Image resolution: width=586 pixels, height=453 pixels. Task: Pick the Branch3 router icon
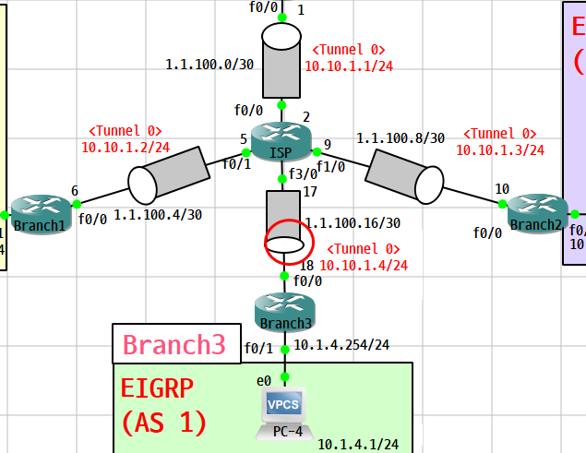tap(285, 308)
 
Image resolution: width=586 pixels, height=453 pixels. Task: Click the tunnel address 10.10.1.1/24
tap(343, 66)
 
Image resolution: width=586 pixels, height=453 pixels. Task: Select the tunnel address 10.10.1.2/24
tap(126, 147)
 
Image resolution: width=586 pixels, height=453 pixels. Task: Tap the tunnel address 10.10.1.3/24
tap(500, 149)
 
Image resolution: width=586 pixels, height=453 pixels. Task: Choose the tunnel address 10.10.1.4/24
tap(364, 265)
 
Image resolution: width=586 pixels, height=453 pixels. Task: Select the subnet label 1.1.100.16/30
tap(353, 223)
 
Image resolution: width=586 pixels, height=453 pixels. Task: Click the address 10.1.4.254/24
tap(341, 346)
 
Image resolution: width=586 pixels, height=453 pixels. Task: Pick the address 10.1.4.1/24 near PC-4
tap(358, 445)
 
